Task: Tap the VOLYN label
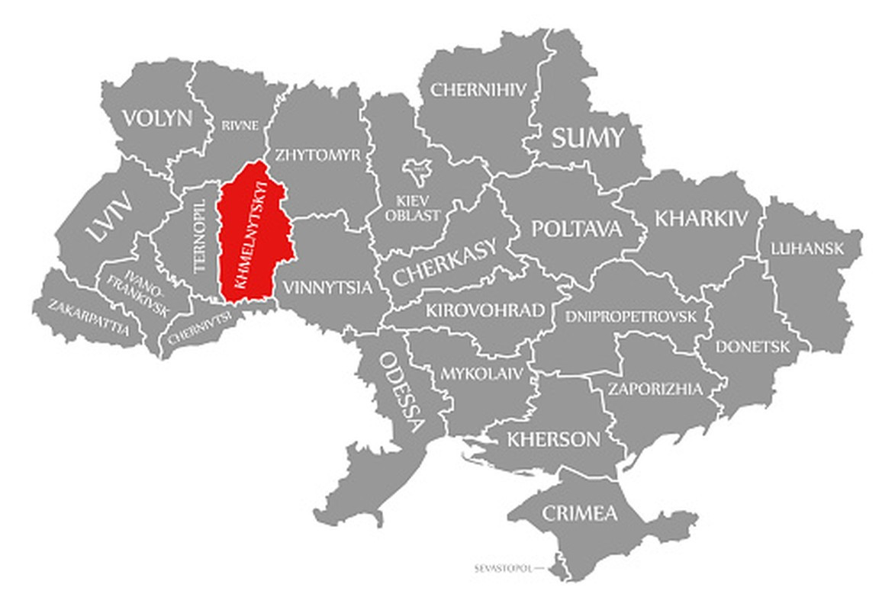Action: click(x=158, y=118)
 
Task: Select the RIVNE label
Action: click(x=240, y=125)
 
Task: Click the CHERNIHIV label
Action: click(x=478, y=89)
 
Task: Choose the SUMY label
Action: click(x=588, y=138)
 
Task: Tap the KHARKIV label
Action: click(x=702, y=218)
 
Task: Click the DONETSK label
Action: click(x=752, y=346)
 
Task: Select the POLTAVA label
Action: click(x=577, y=229)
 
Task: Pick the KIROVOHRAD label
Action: click(x=485, y=310)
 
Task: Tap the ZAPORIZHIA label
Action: click(x=655, y=389)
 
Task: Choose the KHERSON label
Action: click(x=553, y=439)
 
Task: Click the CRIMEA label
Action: click(x=579, y=513)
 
